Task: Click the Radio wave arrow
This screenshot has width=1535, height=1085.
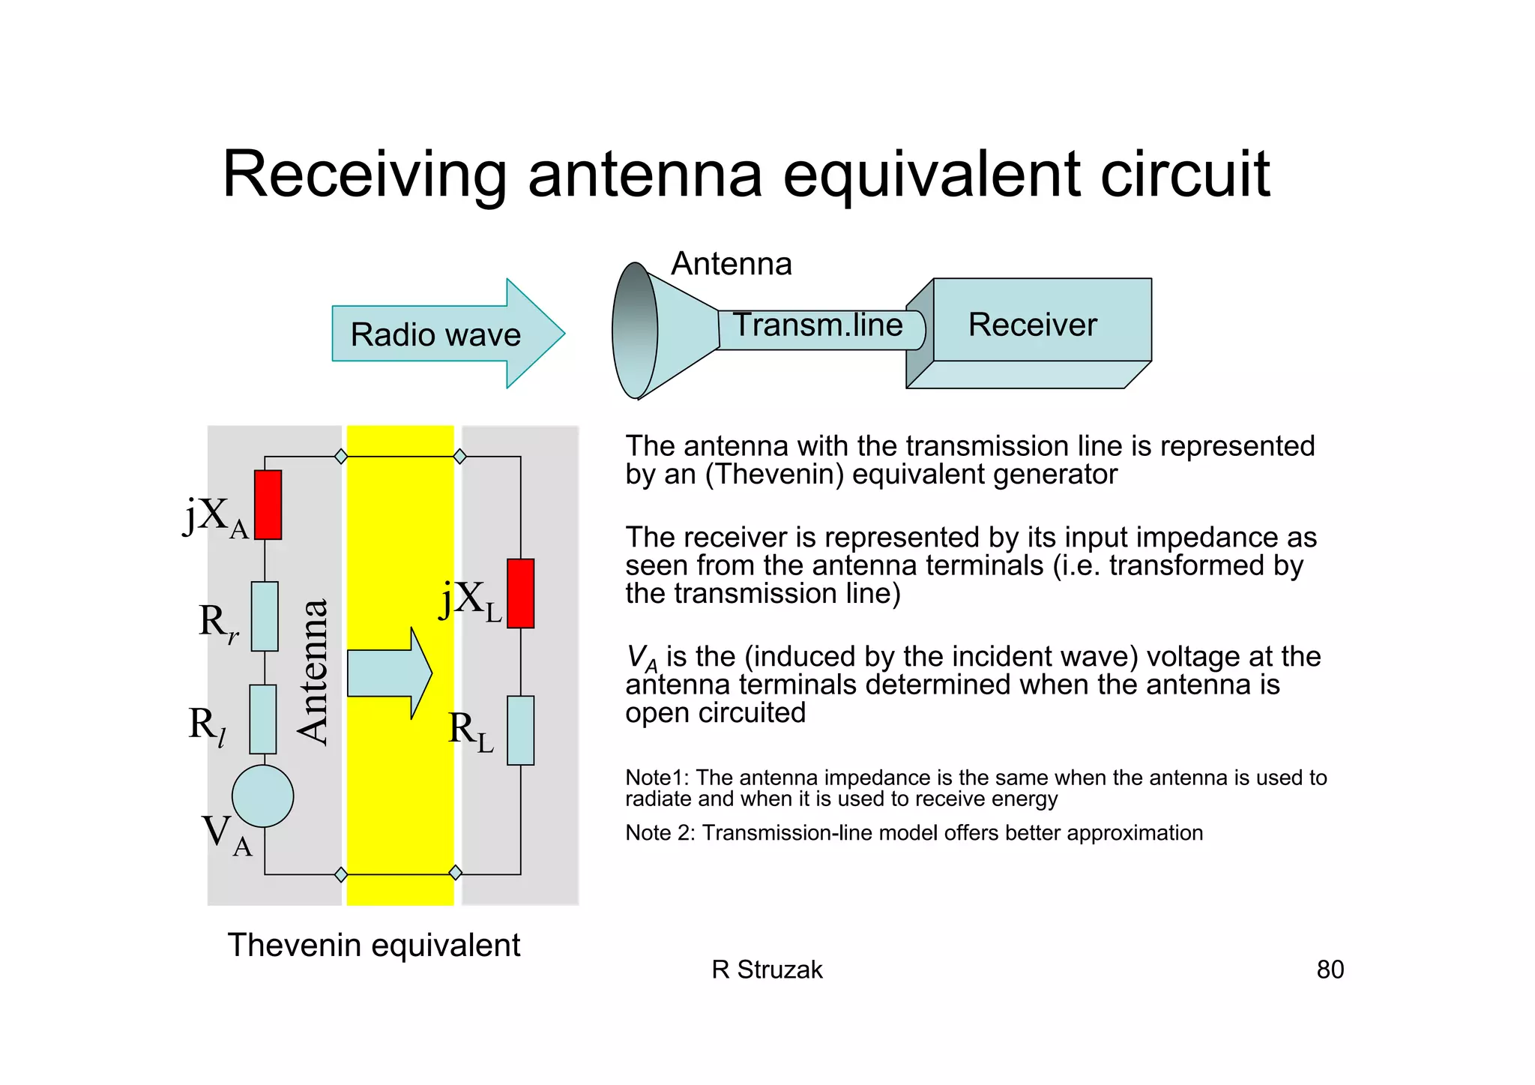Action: [x=447, y=334]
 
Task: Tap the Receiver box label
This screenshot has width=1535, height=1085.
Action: [x=1032, y=325]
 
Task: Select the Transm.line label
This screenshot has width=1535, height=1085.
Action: [x=817, y=325]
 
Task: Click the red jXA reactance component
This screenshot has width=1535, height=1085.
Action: [x=268, y=505]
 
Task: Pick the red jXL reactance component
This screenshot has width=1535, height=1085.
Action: [x=520, y=593]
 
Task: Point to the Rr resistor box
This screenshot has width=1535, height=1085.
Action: [x=265, y=616]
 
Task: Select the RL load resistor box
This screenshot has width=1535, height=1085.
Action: [x=520, y=730]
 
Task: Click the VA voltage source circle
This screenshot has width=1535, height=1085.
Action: [x=263, y=796]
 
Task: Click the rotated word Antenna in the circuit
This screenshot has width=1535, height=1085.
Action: [x=313, y=671]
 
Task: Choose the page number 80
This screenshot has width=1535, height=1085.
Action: [x=1330, y=970]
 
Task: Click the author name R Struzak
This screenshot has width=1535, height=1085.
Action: [x=767, y=970]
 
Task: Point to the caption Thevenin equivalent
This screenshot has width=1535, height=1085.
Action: [x=373, y=945]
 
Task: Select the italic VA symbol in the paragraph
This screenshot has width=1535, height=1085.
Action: [x=642, y=658]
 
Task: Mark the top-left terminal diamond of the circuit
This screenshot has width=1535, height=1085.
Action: [x=341, y=456]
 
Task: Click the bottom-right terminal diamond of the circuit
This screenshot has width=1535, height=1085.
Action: [x=455, y=873]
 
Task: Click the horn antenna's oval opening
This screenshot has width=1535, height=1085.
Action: [x=635, y=330]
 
